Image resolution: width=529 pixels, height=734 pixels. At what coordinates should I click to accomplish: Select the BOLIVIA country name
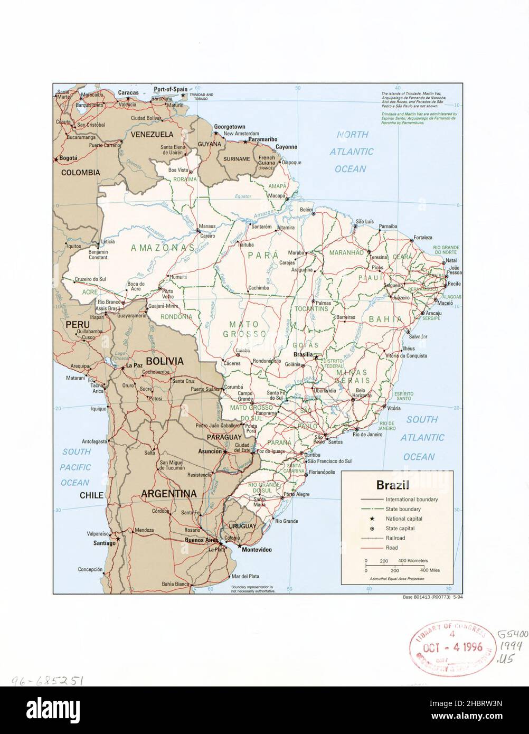[x=164, y=362]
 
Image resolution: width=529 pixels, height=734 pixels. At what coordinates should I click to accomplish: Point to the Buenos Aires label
[x=201, y=540]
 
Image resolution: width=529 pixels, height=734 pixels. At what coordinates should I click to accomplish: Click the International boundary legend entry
[x=411, y=499]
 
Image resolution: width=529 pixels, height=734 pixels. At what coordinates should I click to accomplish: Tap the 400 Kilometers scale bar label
[x=413, y=560]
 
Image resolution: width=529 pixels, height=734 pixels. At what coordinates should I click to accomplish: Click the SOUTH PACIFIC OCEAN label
[x=75, y=467]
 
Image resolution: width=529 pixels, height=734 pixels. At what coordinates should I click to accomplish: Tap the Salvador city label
[x=417, y=336]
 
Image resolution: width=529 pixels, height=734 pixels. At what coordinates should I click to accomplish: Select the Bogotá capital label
[x=69, y=158]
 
